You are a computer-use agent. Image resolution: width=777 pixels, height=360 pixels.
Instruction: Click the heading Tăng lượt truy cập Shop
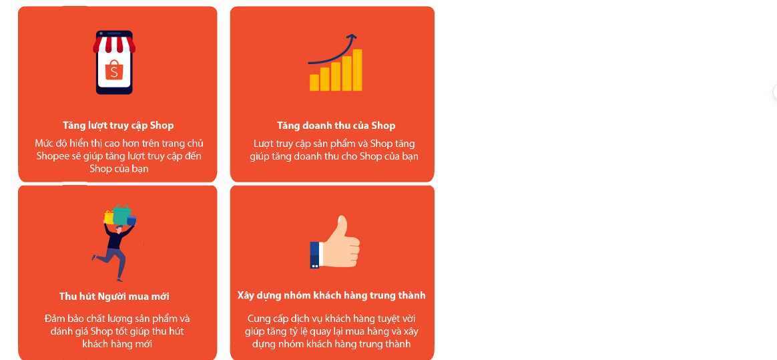(x=118, y=126)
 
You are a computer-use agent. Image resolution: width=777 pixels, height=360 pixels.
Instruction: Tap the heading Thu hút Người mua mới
(x=114, y=297)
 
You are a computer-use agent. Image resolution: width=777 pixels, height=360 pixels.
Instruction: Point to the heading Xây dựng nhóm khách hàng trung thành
(x=331, y=295)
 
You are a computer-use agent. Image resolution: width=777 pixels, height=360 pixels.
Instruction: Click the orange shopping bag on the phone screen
(x=114, y=70)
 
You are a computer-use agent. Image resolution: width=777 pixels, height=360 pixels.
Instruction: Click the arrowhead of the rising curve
(x=352, y=37)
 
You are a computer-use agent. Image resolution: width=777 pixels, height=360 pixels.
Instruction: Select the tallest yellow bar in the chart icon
(x=358, y=69)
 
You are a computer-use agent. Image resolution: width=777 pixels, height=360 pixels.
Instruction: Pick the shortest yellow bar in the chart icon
(x=314, y=82)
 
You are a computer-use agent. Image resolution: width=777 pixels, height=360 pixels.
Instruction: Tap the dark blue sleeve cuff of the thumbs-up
(x=314, y=254)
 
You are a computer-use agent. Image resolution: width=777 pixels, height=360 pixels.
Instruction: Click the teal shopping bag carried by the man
(x=121, y=215)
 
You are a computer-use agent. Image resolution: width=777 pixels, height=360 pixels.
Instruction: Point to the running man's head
(x=119, y=229)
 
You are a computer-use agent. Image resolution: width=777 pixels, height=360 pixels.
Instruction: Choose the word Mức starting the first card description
(x=45, y=144)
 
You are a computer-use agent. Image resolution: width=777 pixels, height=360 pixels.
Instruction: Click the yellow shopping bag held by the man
(x=109, y=218)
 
